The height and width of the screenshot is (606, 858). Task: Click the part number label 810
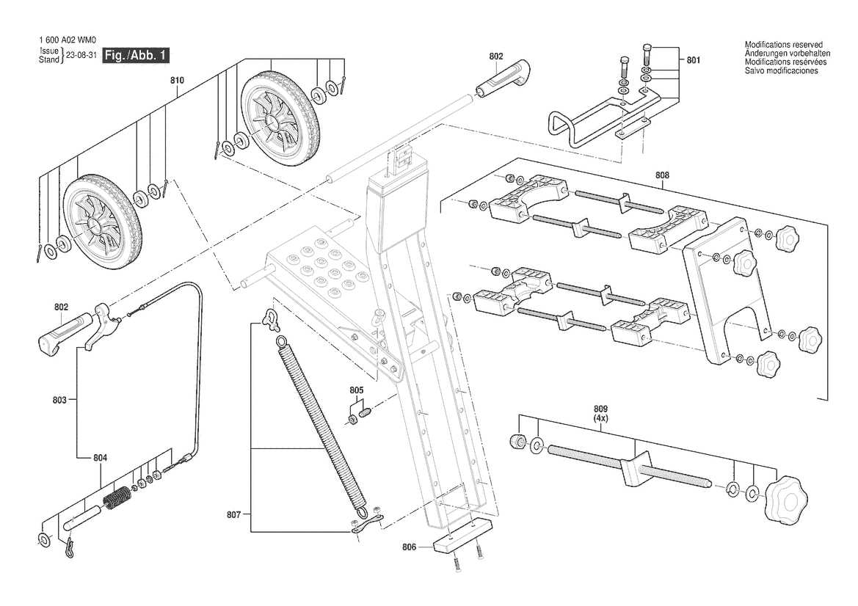point(177,81)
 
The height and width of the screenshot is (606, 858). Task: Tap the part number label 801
point(694,60)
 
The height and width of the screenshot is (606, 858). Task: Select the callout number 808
point(662,175)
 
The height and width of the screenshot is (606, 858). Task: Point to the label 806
point(409,547)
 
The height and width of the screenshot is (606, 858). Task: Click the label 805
point(356,390)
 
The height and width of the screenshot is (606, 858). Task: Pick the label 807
point(233,515)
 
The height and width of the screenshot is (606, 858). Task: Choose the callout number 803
point(59,400)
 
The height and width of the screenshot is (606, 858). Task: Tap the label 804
point(100,458)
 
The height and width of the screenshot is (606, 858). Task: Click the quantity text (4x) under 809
point(601,418)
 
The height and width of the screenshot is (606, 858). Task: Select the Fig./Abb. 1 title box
point(136,55)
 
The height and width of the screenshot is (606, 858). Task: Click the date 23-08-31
point(81,55)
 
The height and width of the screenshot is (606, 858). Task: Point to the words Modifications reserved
point(784,45)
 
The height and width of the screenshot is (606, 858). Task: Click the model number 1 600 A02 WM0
point(68,40)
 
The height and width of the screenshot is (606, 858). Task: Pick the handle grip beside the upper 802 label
point(502,79)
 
